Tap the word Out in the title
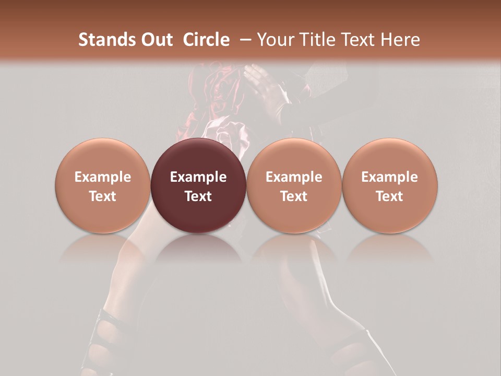[156, 40]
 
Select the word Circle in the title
[206, 40]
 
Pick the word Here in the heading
[401, 40]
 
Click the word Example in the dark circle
[198, 177]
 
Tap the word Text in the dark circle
[198, 196]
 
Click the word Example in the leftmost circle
[102, 177]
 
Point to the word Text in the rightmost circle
[390, 196]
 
